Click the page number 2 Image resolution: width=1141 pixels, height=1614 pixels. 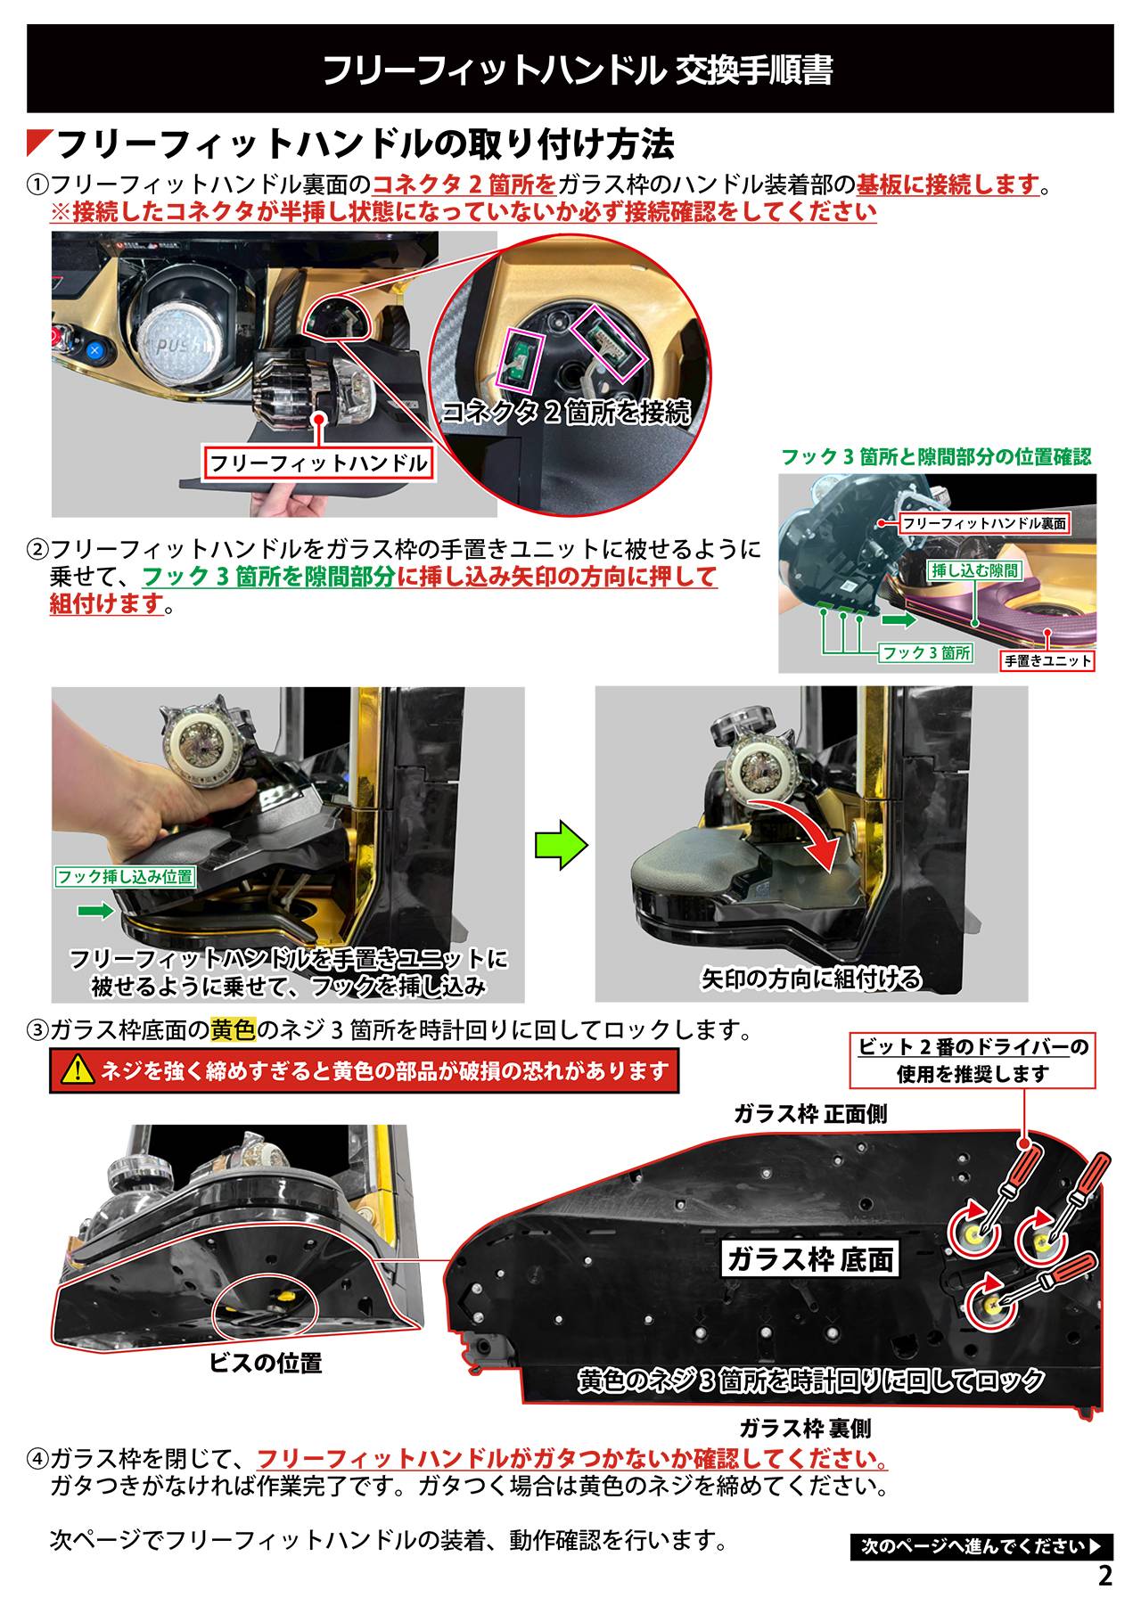[1105, 1576]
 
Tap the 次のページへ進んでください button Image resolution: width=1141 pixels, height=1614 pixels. [981, 1546]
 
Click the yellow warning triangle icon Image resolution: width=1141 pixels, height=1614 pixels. [78, 1070]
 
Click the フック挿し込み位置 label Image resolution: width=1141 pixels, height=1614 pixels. [125, 877]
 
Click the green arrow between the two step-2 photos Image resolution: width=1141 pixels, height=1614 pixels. [562, 846]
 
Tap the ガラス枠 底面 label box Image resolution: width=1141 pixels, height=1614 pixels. [810, 1259]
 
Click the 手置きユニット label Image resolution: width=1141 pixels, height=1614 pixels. [1048, 660]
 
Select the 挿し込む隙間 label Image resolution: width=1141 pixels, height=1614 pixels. [974, 570]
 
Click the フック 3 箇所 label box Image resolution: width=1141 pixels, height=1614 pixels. [926, 653]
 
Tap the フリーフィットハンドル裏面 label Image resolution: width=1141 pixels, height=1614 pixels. [984, 524]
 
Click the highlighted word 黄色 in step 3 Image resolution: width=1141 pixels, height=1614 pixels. [234, 1030]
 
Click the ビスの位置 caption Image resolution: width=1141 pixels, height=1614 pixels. [266, 1363]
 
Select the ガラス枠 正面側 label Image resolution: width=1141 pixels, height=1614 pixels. [810, 1114]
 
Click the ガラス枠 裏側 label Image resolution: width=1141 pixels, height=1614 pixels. [806, 1429]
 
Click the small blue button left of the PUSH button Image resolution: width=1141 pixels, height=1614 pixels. [95, 349]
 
